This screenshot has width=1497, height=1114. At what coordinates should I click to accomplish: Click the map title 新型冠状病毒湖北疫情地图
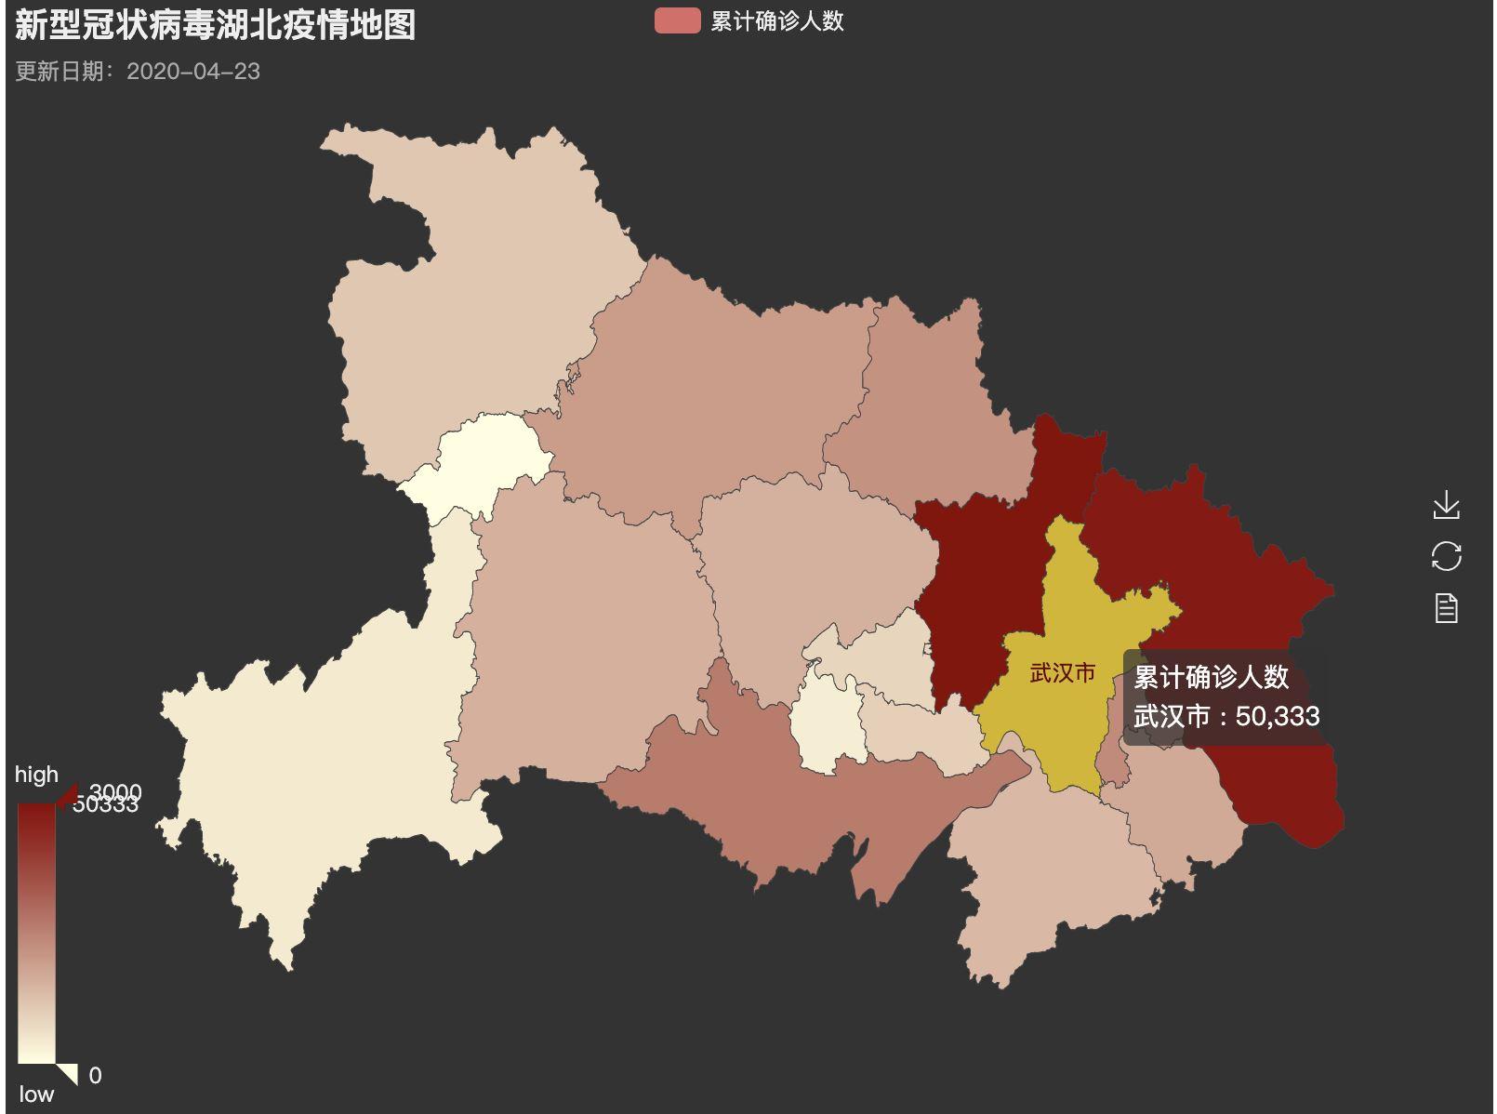[x=215, y=25]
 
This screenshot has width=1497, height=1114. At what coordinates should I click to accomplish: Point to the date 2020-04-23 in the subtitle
[x=193, y=72]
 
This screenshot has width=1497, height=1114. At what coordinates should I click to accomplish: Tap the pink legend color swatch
[x=677, y=21]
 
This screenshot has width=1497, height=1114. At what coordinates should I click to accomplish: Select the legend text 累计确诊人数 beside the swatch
[x=776, y=21]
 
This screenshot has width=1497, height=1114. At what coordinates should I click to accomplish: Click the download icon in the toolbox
[x=1446, y=506]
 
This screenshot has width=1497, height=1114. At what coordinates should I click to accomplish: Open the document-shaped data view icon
[x=1446, y=608]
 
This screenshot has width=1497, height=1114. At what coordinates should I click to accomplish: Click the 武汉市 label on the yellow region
[x=1062, y=673]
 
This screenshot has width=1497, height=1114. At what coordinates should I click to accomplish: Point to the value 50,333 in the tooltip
[x=1278, y=716]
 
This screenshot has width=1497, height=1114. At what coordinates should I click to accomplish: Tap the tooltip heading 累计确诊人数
[x=1211, y=677]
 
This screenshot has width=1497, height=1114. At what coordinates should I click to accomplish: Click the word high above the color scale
[x=36, y=775]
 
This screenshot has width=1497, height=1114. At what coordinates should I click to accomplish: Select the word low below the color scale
[x=36, y=1094]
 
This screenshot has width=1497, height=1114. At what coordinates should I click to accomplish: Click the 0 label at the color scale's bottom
[x=95, y=1076]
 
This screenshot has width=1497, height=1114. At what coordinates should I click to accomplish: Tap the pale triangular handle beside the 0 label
[x=67, y=1073]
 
